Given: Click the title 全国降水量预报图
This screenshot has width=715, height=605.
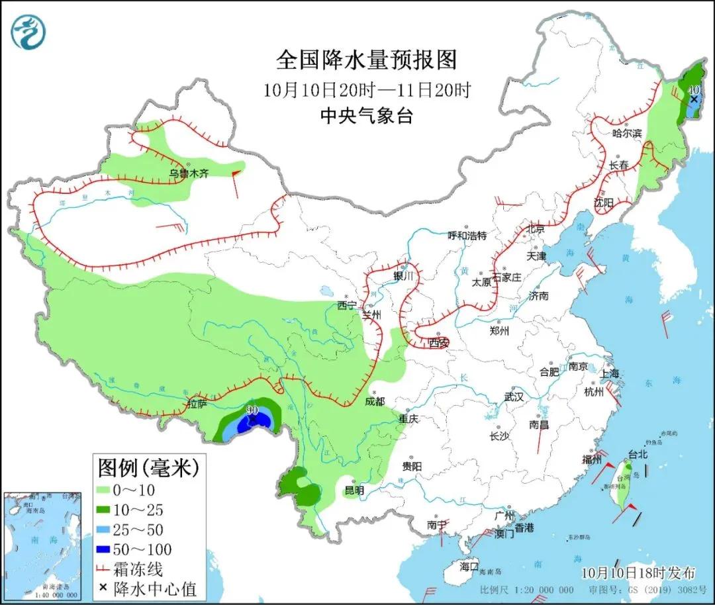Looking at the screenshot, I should tap(366, 60).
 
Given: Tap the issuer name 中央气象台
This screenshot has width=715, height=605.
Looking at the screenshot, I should tap(366, 116).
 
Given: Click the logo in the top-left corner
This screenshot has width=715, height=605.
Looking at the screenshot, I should tap(28, 31).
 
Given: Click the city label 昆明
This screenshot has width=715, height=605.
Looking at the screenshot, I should tap(354, 490).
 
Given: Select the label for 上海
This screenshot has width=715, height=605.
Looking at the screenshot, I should tap(610, 373).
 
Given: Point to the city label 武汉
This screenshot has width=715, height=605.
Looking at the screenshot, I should tap(514, 397).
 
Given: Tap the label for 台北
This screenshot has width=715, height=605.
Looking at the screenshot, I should tap(636, 455).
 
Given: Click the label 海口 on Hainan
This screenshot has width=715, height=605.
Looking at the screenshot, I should tap(469, 567).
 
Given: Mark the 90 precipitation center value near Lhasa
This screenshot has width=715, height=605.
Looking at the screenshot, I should tap(252, 411).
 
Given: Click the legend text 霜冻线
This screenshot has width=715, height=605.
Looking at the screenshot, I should tap(138, 569).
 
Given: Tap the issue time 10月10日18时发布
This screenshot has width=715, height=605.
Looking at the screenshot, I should tap(639, 573).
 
